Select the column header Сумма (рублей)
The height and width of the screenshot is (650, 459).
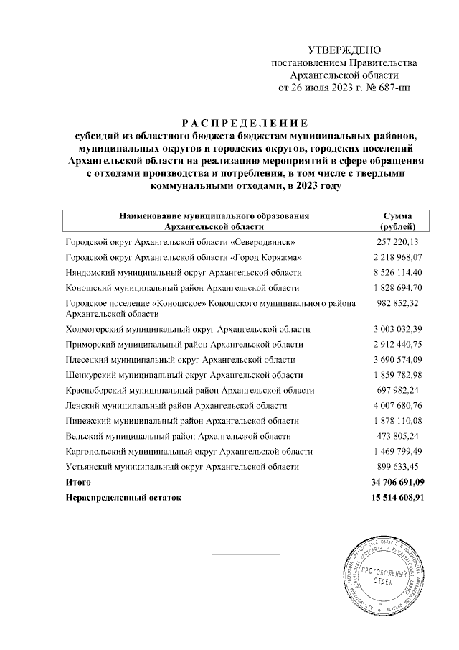[x=397, y=220]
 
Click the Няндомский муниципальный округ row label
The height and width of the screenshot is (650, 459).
[x=184, y=273]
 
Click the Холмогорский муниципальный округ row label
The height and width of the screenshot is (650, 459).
[x=187, y=329]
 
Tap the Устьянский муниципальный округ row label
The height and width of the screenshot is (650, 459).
[x=182, y=467]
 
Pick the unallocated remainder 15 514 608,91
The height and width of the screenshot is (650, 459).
[x=394, y=497]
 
